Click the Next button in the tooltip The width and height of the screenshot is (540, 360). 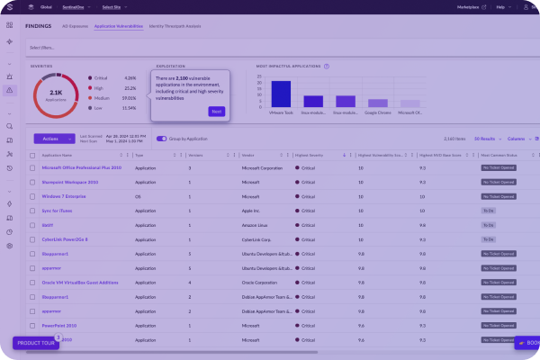point(216,111)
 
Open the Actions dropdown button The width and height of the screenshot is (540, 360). point(53,139)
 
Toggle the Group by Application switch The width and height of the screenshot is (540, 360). point(162,139)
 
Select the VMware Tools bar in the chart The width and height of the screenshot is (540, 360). point(281,94)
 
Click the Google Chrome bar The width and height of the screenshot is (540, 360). point(378,103)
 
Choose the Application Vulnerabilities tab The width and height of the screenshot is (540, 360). point(119,26)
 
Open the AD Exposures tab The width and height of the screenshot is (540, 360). point(75,26)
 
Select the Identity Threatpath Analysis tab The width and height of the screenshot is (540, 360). point(175,26)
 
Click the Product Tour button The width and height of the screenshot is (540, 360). point(35,343)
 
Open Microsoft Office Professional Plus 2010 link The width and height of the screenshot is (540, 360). point(81,167)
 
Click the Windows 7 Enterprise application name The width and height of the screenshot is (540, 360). point(63,196)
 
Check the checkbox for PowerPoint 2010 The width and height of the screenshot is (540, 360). point(32,325)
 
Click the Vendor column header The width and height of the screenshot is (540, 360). point(248,155)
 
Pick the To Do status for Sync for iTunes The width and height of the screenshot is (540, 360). point(489,211)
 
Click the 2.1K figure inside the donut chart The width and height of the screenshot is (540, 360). point(56,92)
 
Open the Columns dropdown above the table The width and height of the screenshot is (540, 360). point(517,139)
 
